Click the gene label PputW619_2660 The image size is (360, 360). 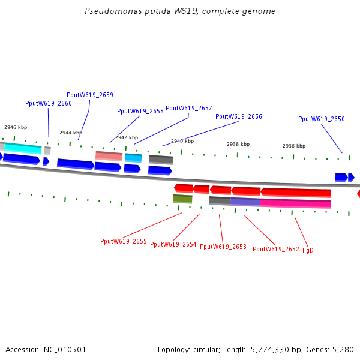pos(49,103)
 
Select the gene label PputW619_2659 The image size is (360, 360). pos(90,95)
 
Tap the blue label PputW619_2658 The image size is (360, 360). pos(140,111)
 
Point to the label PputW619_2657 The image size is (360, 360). pos(189,108)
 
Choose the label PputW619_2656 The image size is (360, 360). pos(239,116)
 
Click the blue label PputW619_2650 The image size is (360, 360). pos(322,119)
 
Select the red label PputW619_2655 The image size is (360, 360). pos(124,241)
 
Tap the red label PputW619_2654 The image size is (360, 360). pos(173,244)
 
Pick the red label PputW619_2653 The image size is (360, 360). pos(223,247)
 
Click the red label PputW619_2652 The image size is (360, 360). pos(276,249)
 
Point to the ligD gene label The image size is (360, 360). pos(308,250)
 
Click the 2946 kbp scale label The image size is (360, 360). pos(16,127)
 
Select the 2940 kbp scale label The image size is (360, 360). pos(182,141)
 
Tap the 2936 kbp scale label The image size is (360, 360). pos(294,146)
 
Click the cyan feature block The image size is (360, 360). pos(23,148)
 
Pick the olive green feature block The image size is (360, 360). pos(182,199)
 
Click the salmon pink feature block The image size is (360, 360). pos(109,155)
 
